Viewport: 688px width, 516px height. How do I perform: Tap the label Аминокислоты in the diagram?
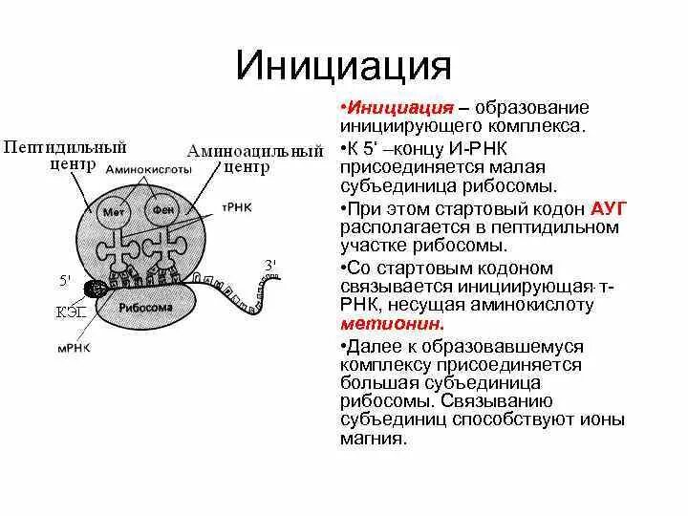(x=149, y=168)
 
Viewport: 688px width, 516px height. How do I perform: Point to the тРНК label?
(x=236, y=204)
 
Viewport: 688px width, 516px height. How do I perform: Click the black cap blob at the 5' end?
(x=97, y=288)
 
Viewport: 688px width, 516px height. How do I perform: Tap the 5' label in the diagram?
(x=65, y=280)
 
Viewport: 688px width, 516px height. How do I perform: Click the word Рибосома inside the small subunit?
(x=145, y=308)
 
